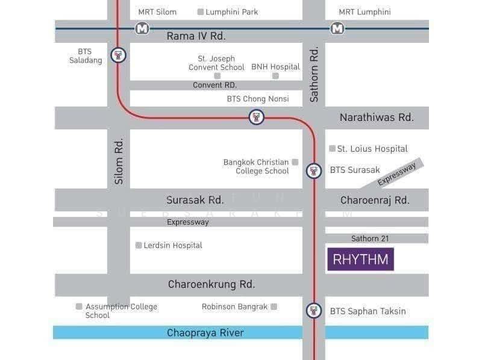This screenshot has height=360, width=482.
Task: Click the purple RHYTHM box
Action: [x=360, y=259]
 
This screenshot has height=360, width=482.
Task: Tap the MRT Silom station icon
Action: [x=142, y=28]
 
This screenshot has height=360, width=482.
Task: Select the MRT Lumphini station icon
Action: [x=337, y=28]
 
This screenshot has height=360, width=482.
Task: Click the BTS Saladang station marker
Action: [x=119, y=57]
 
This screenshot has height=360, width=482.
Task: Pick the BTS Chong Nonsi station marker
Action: [x=257, y=117]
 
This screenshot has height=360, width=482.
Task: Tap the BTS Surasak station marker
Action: [x=313, y=170]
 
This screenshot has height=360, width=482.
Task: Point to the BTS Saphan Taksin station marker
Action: [x=313, y=311]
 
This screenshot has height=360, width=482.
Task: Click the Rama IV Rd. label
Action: [x=196, y=36]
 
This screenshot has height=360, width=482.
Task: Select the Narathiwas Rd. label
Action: [x=377, y=117]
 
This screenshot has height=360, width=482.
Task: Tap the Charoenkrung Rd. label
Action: [x=211, y=284]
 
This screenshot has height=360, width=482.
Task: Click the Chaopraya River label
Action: [x=205, y=333]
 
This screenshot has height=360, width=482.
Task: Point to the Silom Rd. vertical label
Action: [x=119, y=161]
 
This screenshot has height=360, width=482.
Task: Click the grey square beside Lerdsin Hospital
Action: [x=139, y=245]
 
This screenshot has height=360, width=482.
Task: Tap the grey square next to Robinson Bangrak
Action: [x=274, y=306]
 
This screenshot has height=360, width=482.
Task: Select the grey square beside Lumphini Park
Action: [x=201, y=11]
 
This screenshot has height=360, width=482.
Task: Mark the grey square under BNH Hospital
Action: [x=275, y=76]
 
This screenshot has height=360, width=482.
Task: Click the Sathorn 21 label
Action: [x=370, y=238]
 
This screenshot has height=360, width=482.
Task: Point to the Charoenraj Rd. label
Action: [x=375, y=200]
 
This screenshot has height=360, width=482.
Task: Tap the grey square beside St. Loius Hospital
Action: [x=332, y=148]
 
